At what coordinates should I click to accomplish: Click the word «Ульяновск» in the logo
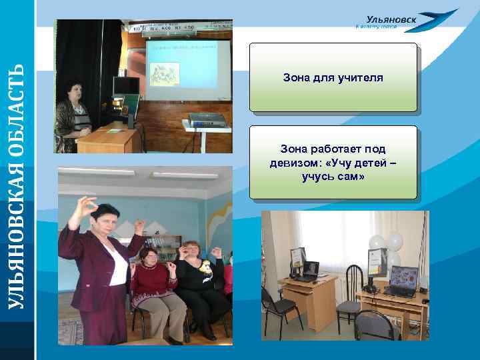tap(391, 19)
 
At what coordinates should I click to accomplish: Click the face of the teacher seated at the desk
tap(74, 92)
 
